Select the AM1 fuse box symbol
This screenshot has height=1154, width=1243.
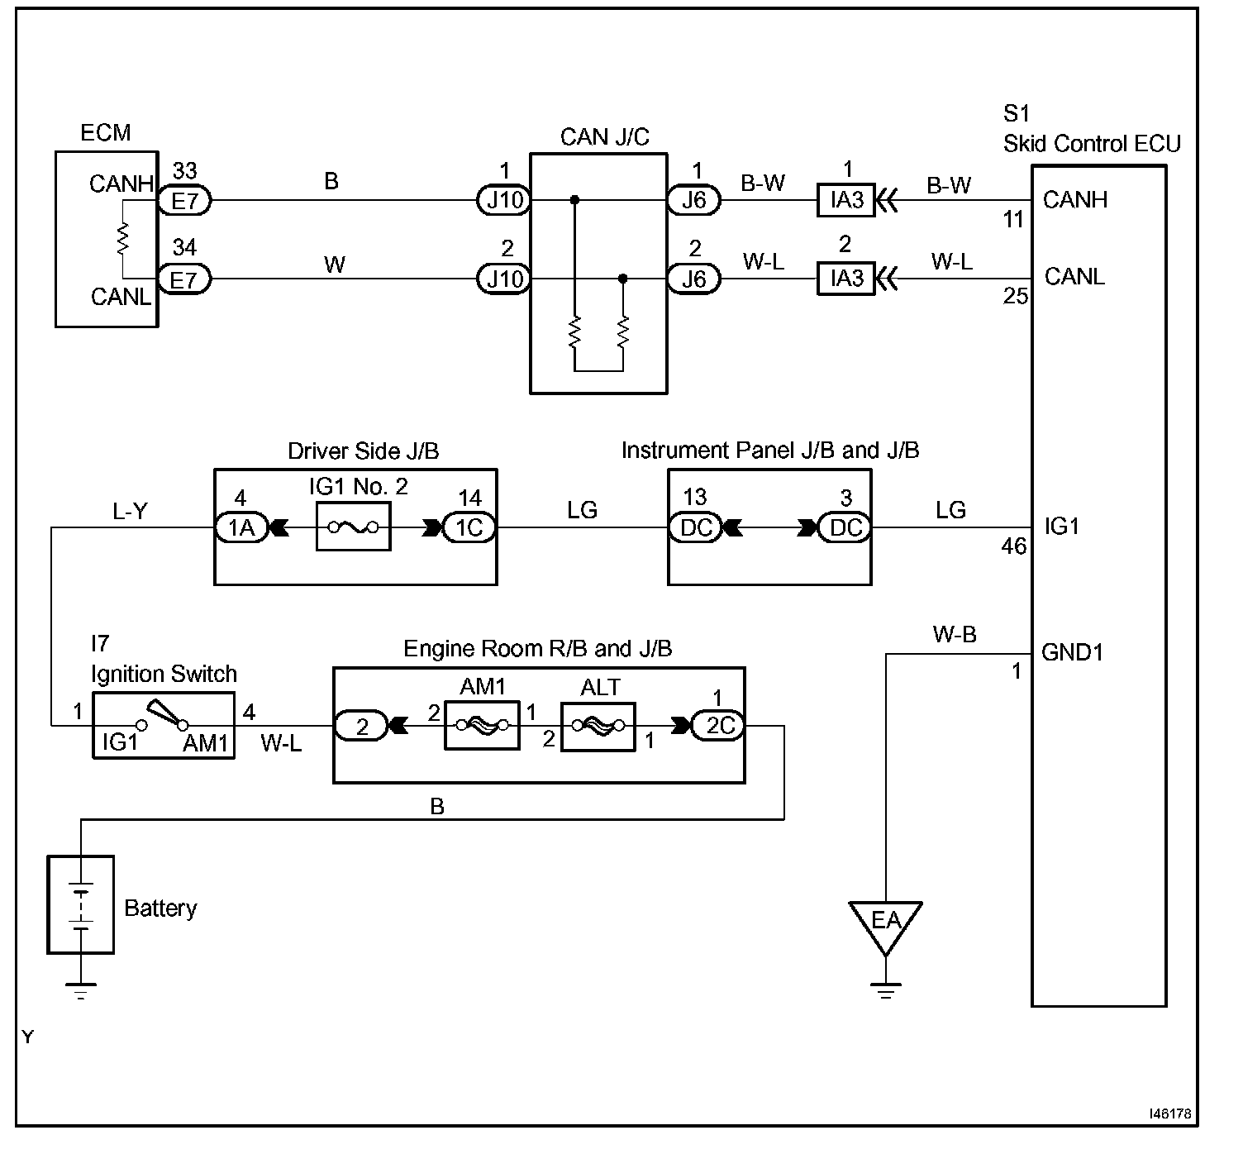tap(482, 725)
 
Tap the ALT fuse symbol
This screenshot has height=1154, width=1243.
tap(598, 727)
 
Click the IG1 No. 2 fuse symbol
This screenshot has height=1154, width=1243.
tap(354, 527)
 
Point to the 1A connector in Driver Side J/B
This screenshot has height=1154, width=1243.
tap(242, 527)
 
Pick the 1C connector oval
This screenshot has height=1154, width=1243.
tap(469, 527)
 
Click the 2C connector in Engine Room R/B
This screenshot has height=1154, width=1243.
tap(718, 726)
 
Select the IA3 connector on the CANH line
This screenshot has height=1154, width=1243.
tap(846, 200)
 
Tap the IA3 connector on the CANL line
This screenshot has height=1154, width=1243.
tap(846, 278)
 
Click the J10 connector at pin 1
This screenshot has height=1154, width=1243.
tap(504, 200)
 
